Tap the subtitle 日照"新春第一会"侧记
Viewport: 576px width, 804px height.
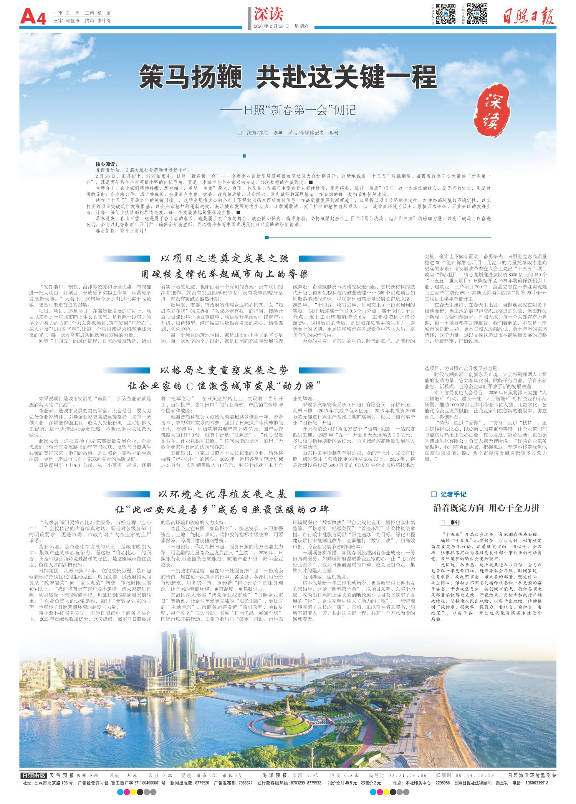(x=288, y=110)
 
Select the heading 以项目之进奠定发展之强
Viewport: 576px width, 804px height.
(x=224, y=258)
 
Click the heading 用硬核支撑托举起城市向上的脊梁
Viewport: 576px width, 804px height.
(x=224, y=273)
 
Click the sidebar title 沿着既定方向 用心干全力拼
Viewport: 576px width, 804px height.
(x=486, y=509)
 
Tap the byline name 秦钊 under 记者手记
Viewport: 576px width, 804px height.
(x=455, y=523)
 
